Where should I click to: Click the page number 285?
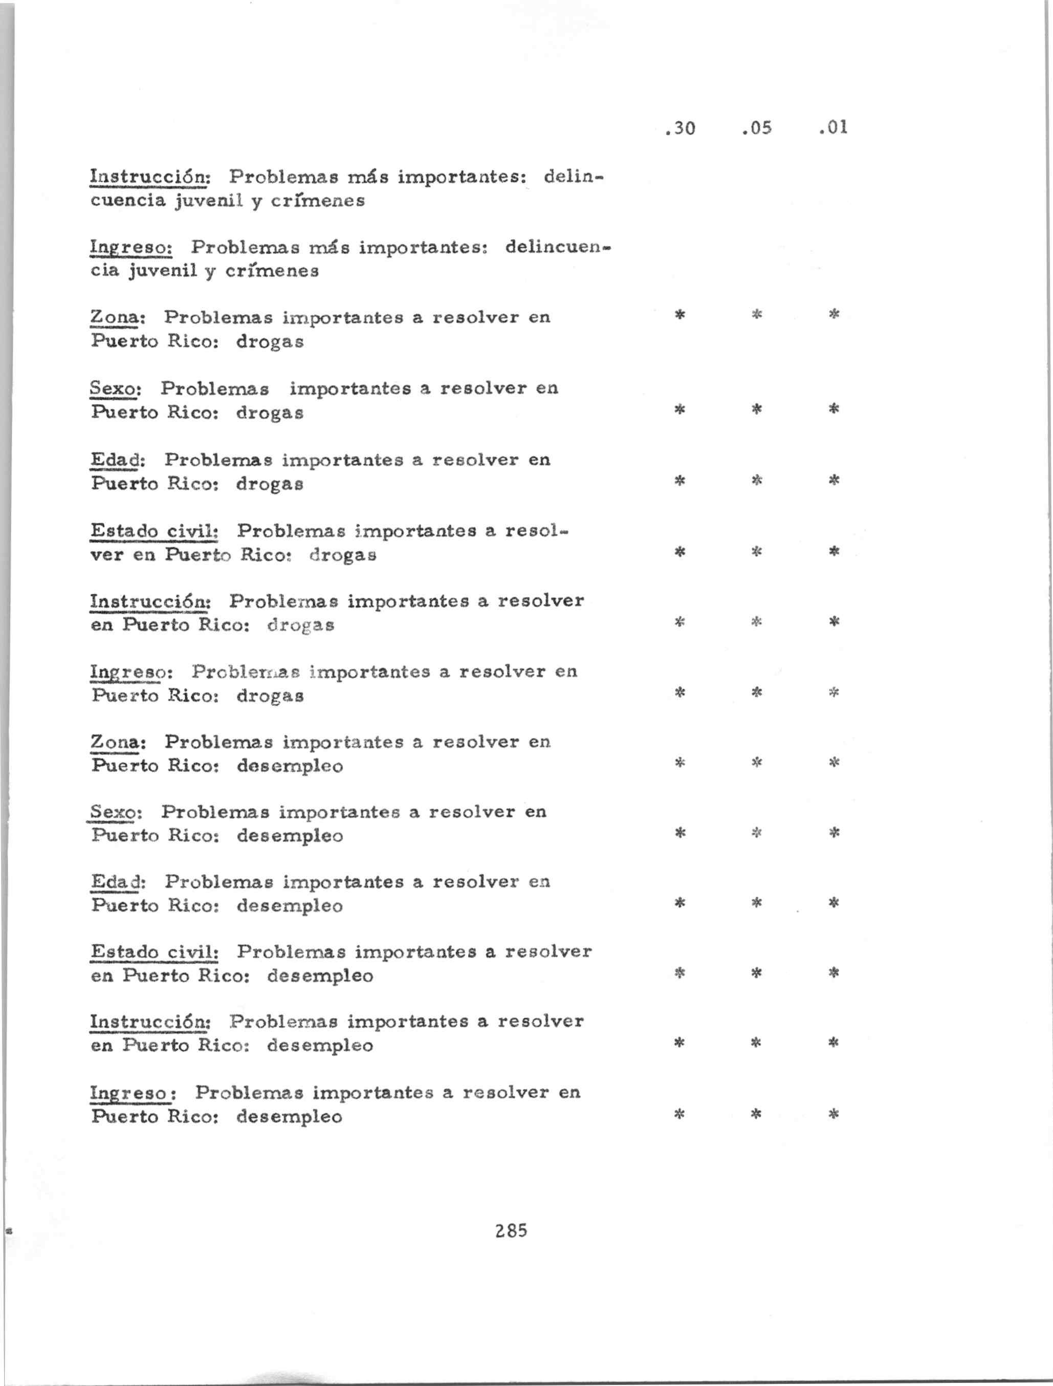click(511, 1230)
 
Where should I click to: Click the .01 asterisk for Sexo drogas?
click(833, 409)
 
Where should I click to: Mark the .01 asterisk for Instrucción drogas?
click(833, 622)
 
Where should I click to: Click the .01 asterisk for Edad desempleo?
click(833, 903)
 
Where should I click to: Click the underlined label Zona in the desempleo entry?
click(117, 742)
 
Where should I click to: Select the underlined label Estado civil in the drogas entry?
click(153, 531)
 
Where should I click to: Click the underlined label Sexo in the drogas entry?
click(115, 388)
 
